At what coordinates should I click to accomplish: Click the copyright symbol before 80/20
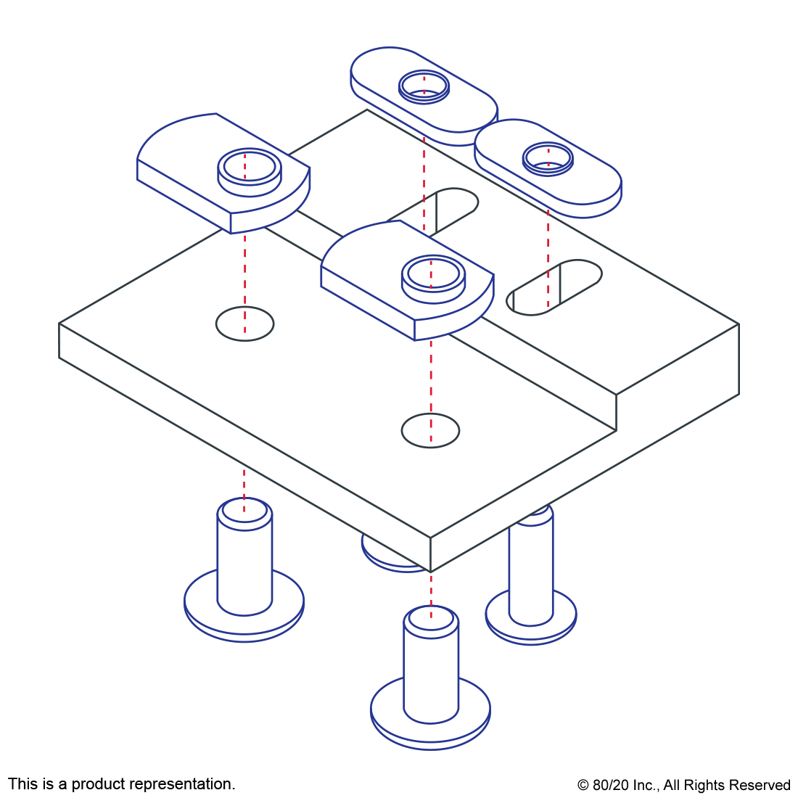point(583,785)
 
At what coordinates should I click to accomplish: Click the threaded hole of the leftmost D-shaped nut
point(250,167)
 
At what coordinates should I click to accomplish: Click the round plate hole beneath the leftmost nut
point(244,324)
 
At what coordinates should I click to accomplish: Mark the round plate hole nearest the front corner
point(430,430)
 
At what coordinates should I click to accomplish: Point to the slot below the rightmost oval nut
point(554,287)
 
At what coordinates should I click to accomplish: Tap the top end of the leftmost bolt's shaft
point(244,511)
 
